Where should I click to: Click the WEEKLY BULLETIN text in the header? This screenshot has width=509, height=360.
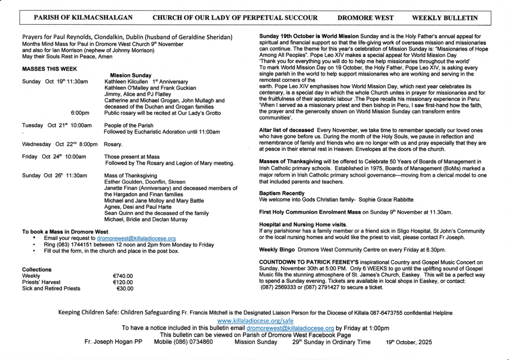(x=445, y=18)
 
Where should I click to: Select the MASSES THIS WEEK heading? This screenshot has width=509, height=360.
(x=50, y=69)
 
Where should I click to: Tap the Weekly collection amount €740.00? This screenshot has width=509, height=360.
(x=123, y=275)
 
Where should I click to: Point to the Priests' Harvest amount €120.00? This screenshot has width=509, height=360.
(x=123, y=282)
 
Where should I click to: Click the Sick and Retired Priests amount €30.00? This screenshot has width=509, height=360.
(x=124, y=288)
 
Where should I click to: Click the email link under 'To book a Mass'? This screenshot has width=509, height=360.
(x=136, y=239)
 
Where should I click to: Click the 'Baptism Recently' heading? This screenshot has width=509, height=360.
(x=282, y=193)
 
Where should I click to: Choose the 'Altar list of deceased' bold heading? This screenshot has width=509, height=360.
(x=286, y=130)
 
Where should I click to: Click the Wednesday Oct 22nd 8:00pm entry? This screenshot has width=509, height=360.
(x=60, y=144)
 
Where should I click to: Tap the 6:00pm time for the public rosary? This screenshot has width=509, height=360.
(x=80, y=113)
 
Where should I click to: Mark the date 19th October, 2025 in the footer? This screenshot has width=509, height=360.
(x=409, y=343)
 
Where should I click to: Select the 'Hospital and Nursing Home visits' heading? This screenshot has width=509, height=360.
(x=303, y=225)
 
